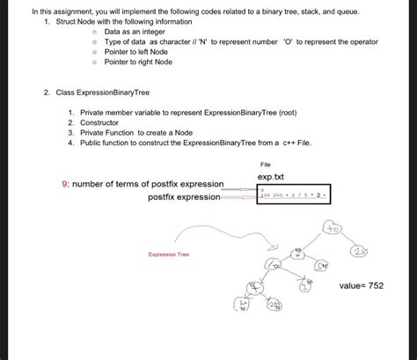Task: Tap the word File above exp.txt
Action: [x=266, y=165]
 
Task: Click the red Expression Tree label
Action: [x=168, y=255]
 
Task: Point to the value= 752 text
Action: [x=362, y=286]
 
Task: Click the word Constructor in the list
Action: [x=102, y=123]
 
